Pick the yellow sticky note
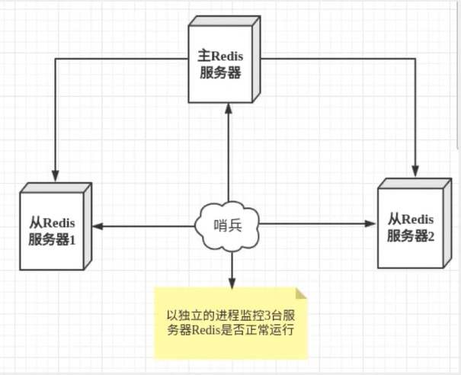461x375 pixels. click(x=230, y=322)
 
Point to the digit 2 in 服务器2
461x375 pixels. click(x=431, y=236)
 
